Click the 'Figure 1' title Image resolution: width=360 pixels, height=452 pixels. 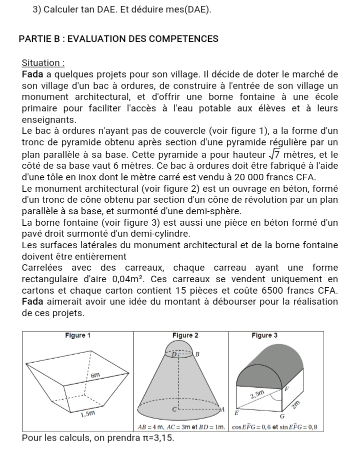78,335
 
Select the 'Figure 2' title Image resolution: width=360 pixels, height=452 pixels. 184,335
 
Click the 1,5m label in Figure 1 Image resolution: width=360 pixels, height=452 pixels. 88,413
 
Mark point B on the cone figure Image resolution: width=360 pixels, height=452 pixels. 197,354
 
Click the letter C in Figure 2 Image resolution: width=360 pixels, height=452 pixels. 173,409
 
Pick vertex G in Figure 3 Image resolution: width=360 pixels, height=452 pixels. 282,416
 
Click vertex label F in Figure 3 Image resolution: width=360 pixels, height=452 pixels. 286,388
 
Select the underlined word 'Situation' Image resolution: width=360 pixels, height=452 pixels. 41,63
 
